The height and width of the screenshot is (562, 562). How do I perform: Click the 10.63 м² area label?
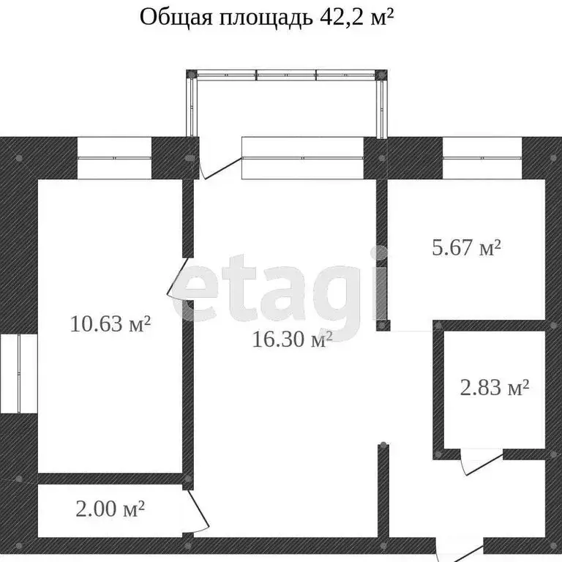pyautogui.click(x=110, y=323)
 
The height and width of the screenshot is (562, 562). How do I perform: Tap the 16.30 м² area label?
pyautogui.click(x=292, y=340)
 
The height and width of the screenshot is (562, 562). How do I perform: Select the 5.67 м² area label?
pyautogui.click(x=466, y=248)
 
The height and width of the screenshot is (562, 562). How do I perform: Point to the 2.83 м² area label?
pyautogui.click(x=494, y=387)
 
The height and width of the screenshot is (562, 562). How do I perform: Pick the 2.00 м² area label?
pyautogui.click(x=109, y=508)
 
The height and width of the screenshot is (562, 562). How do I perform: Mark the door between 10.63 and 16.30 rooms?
pyautogui.click(x=179, y=278)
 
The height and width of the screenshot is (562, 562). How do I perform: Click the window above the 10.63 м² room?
pyautogui.click(x=114, y=157)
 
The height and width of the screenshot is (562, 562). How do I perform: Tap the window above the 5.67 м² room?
pyautogui.click(x=481, y=157)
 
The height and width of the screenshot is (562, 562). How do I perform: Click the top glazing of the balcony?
pyautogui.click(x=286, y=74)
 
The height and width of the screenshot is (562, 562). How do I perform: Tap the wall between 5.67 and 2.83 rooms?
pyautogui.click(x=490, y=325)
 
